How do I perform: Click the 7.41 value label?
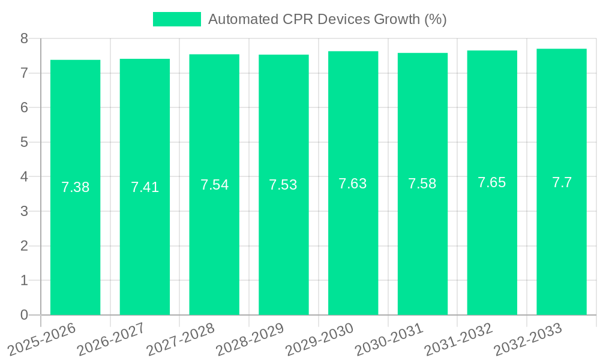point(145,187)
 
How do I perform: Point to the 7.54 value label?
point(214,185)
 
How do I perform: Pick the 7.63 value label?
point(353,184)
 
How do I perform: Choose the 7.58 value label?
point(422,184)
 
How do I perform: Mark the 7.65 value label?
point(492,182)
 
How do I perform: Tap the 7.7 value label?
point(562,182)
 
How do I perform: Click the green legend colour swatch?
point(177,19)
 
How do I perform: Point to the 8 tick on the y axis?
point(24,38)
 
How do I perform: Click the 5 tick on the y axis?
point(24,142)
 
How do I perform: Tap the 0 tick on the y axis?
point(24,315)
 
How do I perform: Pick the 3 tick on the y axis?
point(24,211)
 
